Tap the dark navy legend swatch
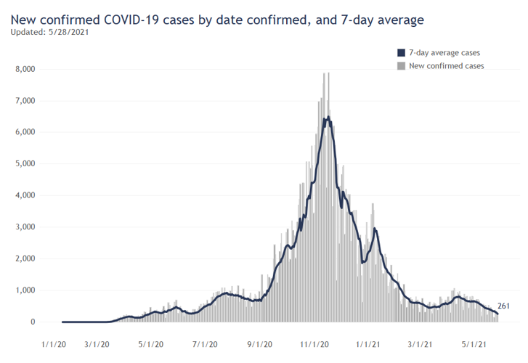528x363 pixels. [401, 53]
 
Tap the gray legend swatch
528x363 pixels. [401, 66]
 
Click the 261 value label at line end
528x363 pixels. [505, 306]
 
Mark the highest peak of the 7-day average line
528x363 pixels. [328, 117]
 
